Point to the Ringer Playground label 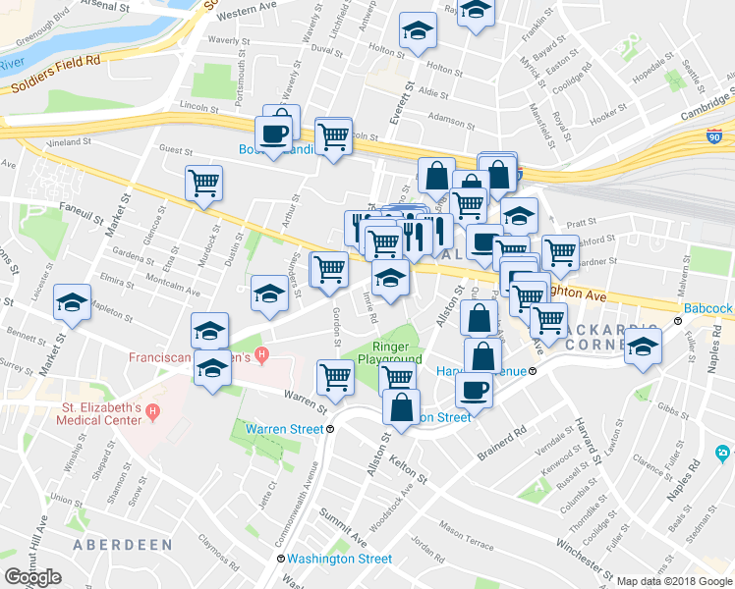(x=397, y=352)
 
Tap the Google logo (x=33, y=577)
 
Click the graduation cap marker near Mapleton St (x=73, y=303)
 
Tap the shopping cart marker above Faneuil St (x=203, y=183)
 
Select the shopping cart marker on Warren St (x=335, y=378)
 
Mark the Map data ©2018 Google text (x=673, y=580)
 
